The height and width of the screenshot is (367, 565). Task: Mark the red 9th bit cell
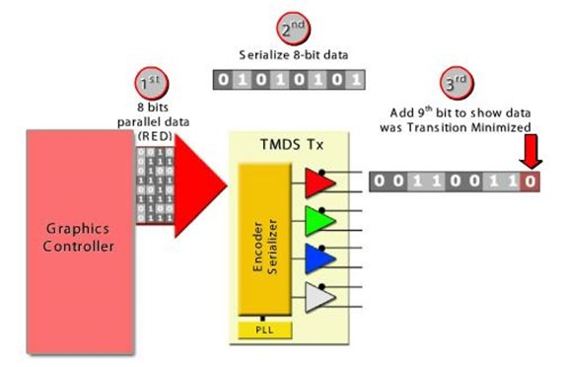(x=532, y=181)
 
